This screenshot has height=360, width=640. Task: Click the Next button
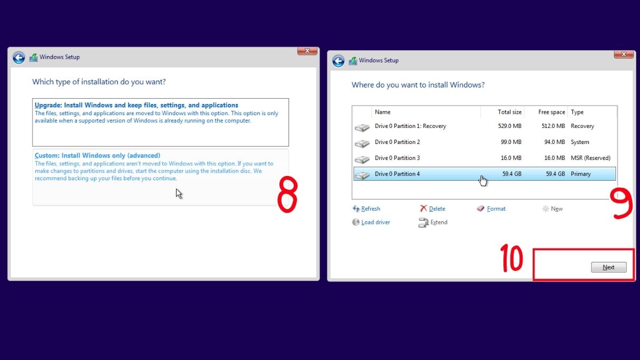[x=609, y=267]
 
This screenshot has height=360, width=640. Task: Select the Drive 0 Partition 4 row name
[x=397, y=174]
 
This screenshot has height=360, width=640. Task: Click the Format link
[x=496, y=209]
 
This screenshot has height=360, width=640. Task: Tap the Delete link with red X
[x=437, y=209]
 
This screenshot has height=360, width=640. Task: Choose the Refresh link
[x=370, y=209]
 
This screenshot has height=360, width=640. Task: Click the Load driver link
[x=375, y=222]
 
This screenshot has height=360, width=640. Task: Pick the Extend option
[x=438, y=222]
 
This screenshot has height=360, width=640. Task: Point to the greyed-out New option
[x=556, y=209]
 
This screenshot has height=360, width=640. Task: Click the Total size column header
[x=509, y=112]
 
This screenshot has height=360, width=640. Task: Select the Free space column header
[x=551, y=112]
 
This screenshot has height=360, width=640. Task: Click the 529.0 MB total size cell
[x=509, y=126]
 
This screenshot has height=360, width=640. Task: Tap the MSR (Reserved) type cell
[x=590, y=158]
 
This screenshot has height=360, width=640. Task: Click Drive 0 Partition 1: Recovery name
[x=410, y=126]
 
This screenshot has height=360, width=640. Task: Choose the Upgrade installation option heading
[x=136, y=106]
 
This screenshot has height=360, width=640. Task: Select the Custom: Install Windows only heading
[x=97, y=156]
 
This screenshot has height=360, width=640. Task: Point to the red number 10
[x=511, y=259]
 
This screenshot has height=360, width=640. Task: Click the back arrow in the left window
[x=19, y=58]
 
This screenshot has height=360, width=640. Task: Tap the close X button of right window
[x=623, y=54]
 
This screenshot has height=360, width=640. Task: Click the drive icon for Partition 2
[x=362, y=143]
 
